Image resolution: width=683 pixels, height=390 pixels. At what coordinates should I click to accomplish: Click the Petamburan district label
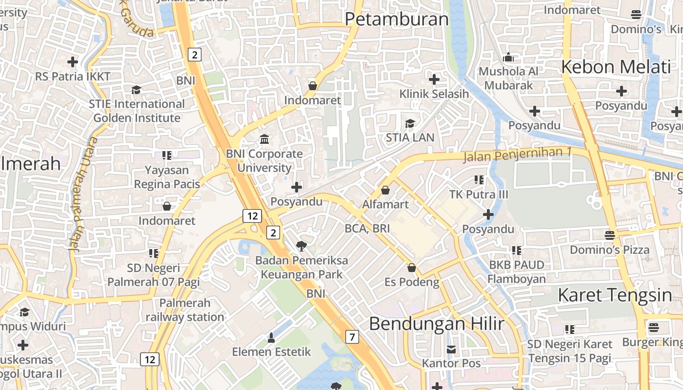(396, 19)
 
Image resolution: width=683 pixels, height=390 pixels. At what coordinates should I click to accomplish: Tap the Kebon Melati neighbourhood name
(616, 67)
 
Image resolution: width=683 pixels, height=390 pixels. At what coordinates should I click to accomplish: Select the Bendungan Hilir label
(436, 323)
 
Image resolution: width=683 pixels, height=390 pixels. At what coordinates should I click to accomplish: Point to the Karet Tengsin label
(615, 295)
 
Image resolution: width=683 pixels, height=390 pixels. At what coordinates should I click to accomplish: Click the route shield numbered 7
(352, 336)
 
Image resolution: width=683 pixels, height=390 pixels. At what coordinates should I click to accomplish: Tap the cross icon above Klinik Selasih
(434, 79)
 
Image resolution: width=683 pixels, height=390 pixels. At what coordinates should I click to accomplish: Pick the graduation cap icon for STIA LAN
(410, 123)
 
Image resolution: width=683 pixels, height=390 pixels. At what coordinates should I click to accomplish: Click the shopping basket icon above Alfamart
(385, 190)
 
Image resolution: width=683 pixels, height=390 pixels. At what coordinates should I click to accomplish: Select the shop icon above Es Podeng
(412, 267)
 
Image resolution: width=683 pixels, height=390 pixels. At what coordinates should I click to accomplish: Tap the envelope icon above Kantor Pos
(451, 349)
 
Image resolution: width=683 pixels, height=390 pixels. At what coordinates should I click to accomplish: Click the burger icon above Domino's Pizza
(609, 235)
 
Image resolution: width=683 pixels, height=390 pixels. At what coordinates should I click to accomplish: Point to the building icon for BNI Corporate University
(264, 139)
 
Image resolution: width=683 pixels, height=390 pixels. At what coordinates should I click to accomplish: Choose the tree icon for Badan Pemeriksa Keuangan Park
(301, 246)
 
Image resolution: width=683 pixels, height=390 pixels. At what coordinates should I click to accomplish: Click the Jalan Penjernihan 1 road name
(517, 155)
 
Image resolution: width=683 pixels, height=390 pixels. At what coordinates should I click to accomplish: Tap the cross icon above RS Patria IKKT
(73, 62)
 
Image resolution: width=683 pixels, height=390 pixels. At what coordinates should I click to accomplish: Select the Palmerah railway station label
(184, 310)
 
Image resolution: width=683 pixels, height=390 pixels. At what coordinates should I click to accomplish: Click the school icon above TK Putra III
(479, 180)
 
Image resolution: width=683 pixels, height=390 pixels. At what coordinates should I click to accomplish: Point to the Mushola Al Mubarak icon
(508, 57)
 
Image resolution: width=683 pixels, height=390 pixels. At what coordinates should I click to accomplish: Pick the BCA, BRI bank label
(367, 228)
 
